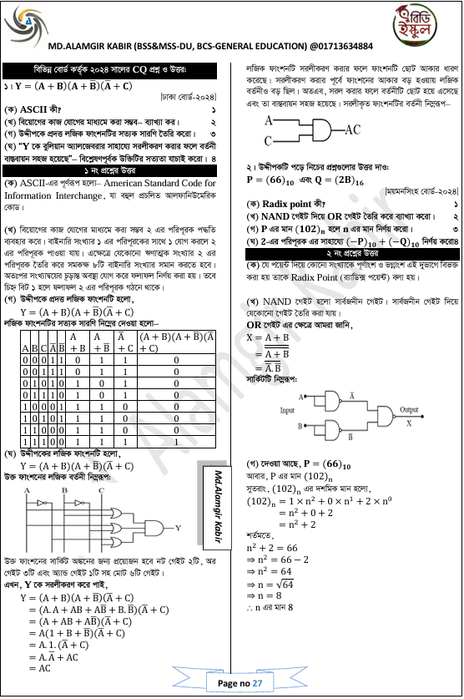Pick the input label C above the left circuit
pos(100,490)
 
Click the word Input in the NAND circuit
pos(287,411)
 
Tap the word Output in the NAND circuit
pos(409,410)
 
